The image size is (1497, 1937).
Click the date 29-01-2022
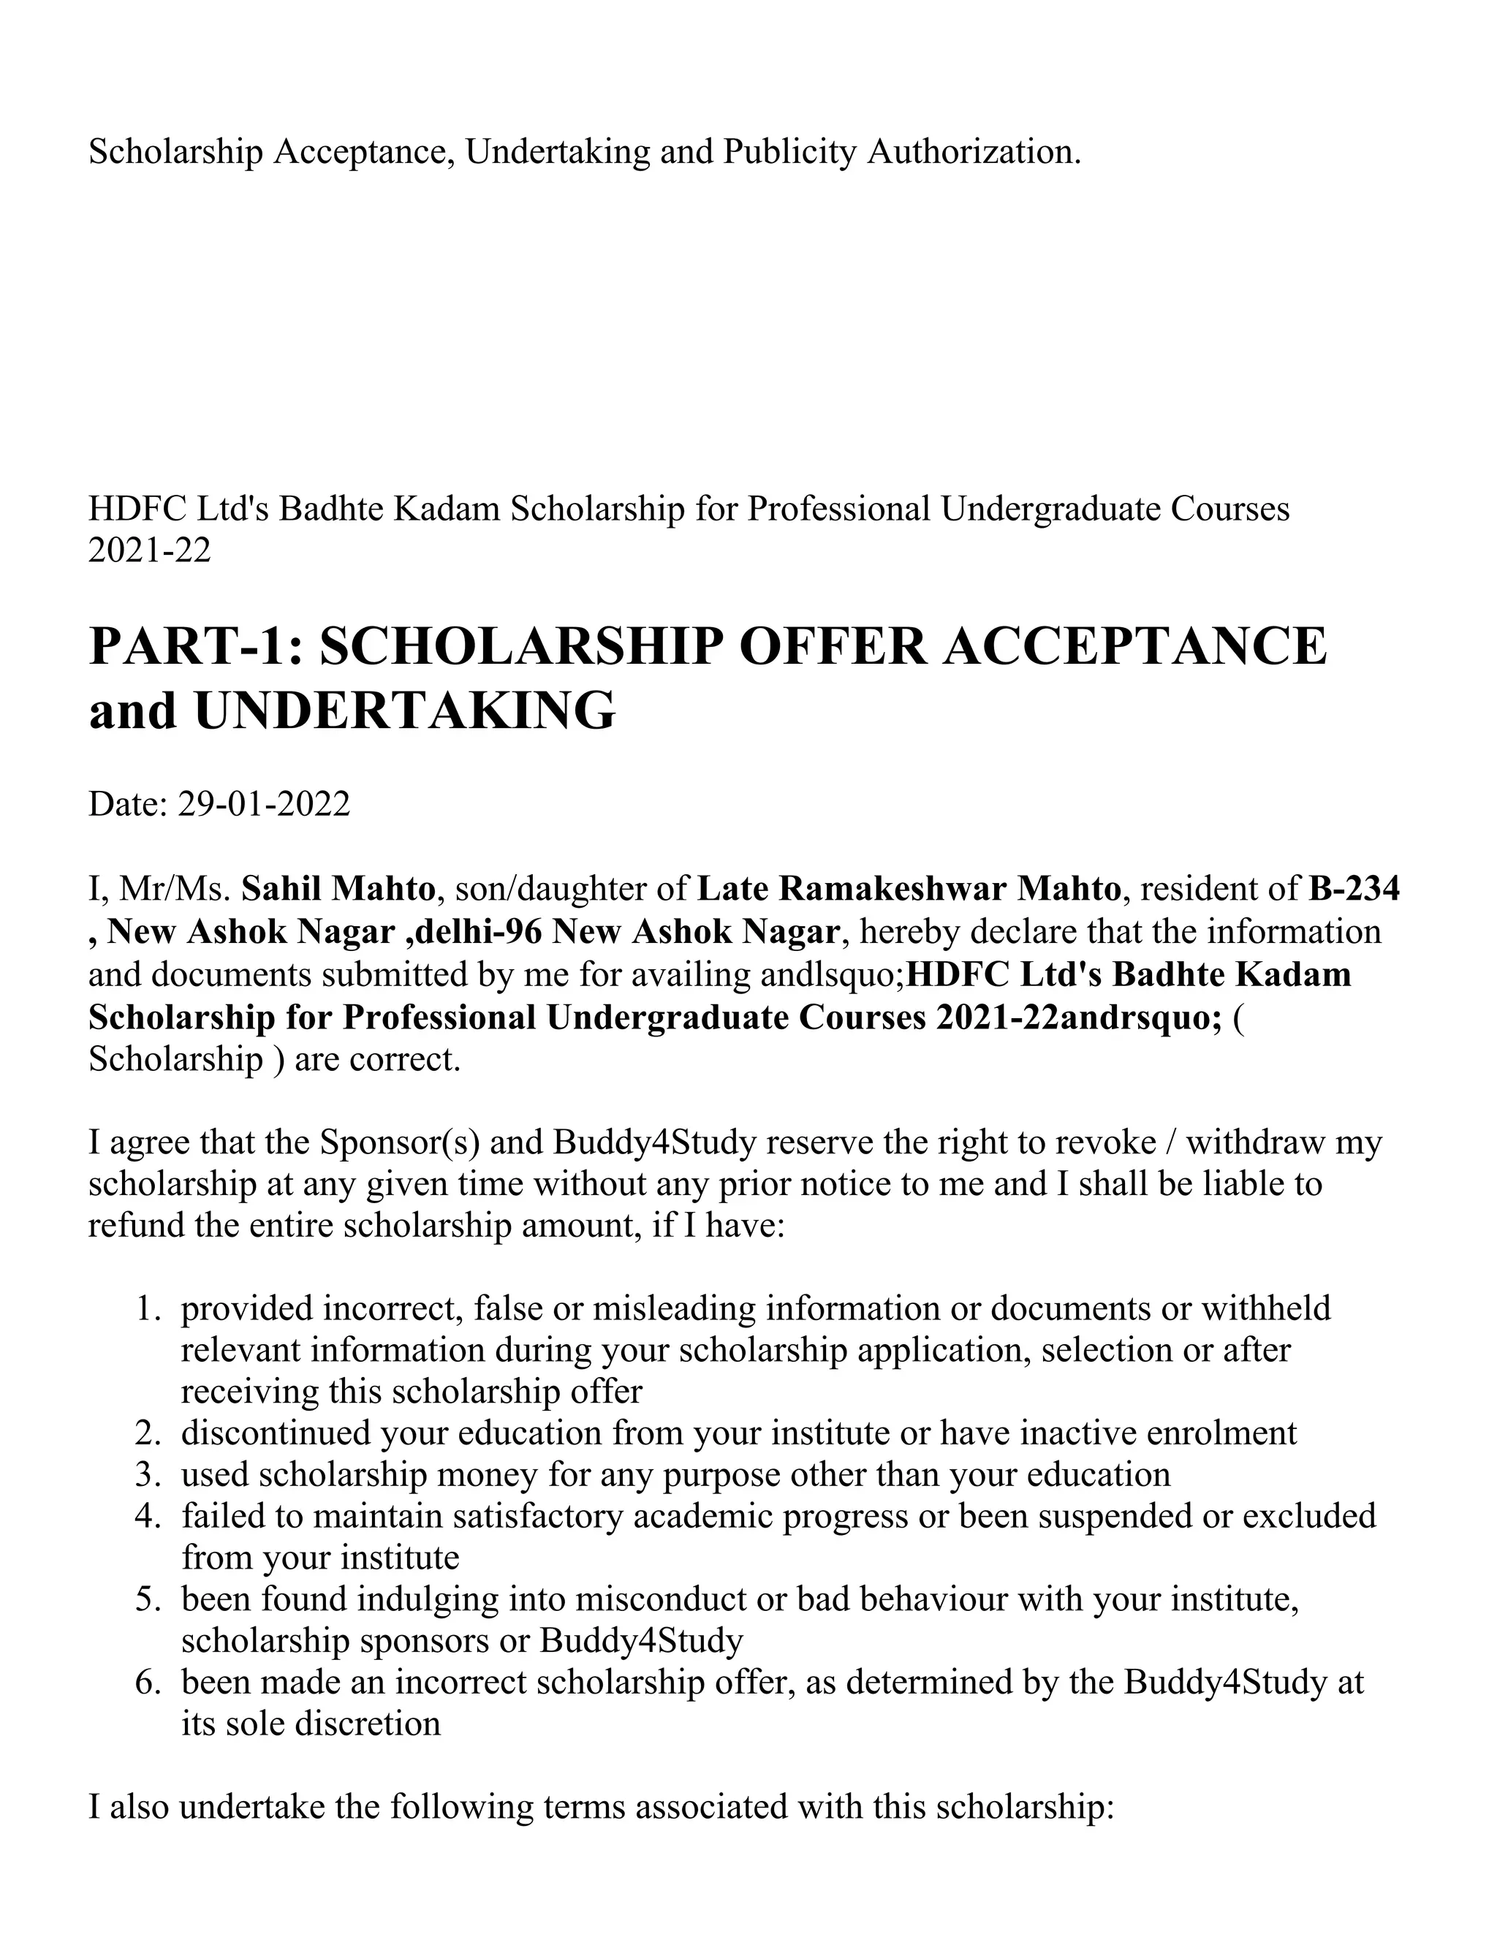coord(265,805)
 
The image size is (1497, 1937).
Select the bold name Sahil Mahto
coord(338,889)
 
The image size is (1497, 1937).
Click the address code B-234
coord(1353,889)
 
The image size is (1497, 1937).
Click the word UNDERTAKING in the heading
coord(404,711)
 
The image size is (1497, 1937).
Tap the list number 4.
coord(147,1516)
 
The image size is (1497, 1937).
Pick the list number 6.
coord(147,1682)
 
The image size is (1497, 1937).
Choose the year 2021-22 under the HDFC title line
coord(150,551)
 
